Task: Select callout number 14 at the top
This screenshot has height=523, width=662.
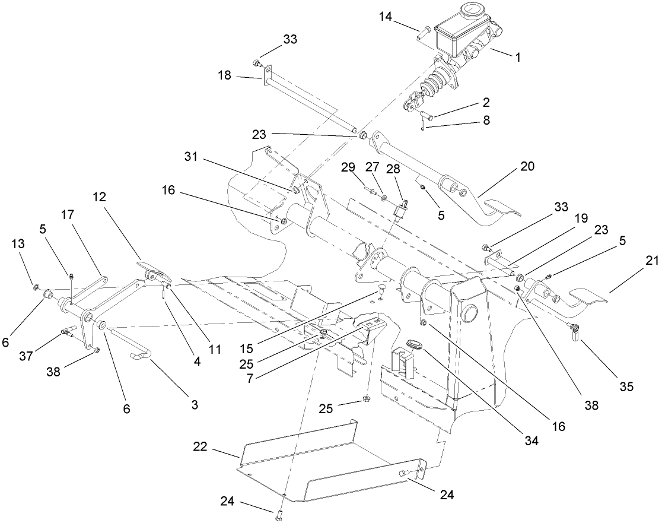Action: pyautogui.click(x=386, y=18)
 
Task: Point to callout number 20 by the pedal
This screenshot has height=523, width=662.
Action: pyautogui.click(x=526, y=167)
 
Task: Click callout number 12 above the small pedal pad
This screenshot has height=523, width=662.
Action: pyautogui.click(x=99, y=197)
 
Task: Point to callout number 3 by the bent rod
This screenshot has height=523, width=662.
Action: pyautogui.click(x=194, y=405)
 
